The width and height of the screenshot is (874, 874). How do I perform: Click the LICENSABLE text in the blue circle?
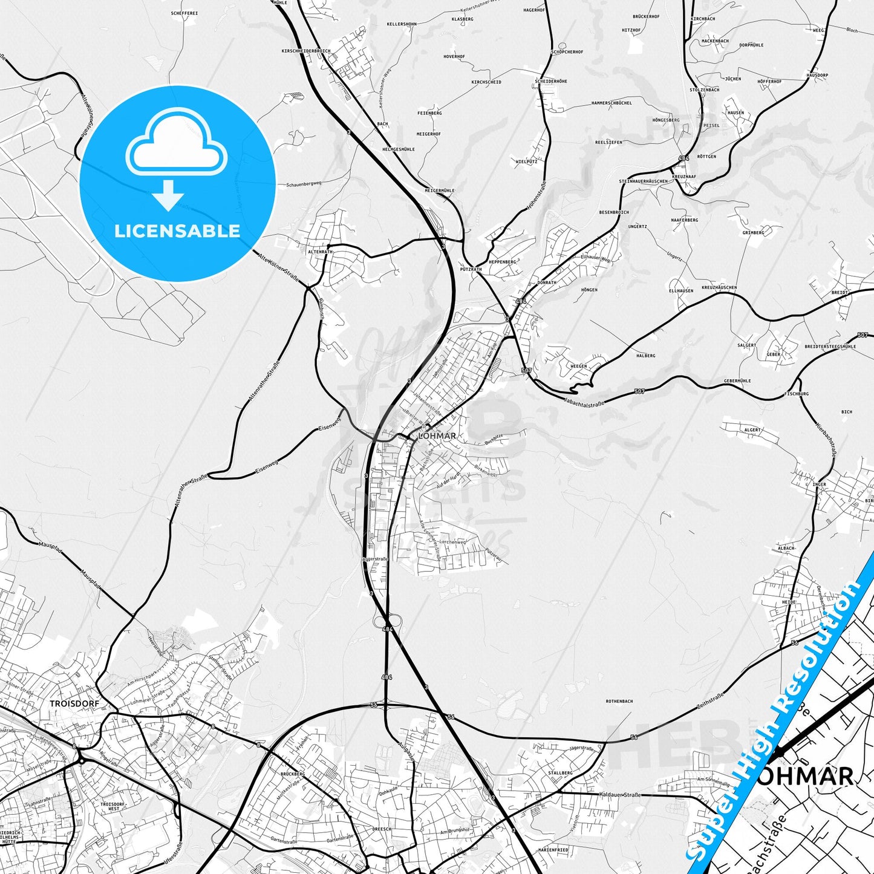[x=177, y=231]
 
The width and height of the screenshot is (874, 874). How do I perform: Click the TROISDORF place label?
[x=74, y=703]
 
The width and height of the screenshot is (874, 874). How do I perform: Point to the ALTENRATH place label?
[x=320, y=252]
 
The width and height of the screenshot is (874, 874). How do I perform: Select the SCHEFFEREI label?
[x=184, y=13]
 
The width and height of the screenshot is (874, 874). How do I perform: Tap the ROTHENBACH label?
[x=619, y=701]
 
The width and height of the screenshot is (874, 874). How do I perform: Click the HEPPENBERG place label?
[x=503, y=262]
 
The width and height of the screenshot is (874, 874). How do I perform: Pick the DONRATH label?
[x=547, y=282]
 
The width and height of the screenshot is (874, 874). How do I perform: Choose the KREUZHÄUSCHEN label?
[x=719, y=287]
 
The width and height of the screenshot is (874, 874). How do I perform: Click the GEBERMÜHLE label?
[x=737, y=380]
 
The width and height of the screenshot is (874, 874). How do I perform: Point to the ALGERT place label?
[x=752, y=430]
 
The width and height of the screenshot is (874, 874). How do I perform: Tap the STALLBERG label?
[x=559, y=772]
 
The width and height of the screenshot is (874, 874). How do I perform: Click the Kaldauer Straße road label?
[x=619, y=794]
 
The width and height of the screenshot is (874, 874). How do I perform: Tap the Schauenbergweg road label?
[x=304, y=183]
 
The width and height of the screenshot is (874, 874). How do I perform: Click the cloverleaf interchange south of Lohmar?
[x=388, y=621]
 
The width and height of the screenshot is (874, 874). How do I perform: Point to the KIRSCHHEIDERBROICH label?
[x=305, y=51]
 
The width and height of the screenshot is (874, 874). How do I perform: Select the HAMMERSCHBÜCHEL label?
[x=611, y=103]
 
